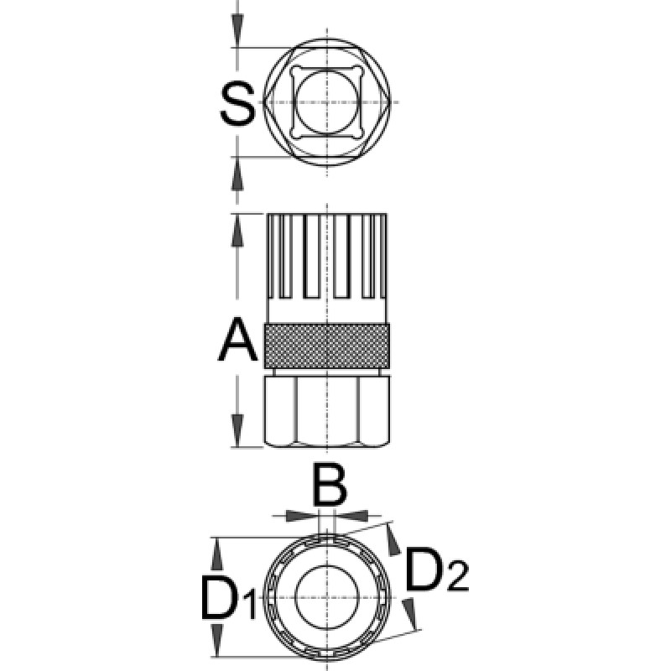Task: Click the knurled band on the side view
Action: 327,346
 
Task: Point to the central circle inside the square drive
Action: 327,102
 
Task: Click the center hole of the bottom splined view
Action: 326,597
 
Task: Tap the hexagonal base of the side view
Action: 327,411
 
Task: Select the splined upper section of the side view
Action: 327,268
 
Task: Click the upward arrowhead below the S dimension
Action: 237,174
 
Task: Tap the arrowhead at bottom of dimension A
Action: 237,430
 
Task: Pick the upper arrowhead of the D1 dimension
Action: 218,554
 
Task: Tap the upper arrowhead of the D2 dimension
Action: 393,539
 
